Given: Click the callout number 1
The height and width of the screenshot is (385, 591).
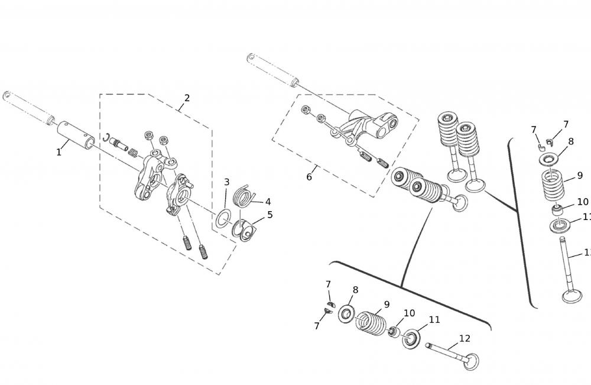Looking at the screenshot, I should point(59,153).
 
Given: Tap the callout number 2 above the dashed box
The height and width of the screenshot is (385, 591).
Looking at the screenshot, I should point(187,98).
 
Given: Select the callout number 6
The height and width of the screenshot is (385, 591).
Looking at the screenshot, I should point(309,177).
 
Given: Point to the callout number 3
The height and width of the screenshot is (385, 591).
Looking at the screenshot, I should point(226,182).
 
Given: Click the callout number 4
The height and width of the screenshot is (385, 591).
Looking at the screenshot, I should point(268,202).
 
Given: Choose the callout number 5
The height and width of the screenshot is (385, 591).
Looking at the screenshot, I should point(270,215).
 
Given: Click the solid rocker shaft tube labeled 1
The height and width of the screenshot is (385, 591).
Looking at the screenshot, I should point(76,133).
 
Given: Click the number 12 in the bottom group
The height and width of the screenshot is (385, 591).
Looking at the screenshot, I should point(465,339).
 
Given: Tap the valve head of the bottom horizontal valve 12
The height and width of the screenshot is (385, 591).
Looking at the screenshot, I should point(470,361).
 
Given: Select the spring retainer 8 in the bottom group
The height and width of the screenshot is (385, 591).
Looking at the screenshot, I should point(346,313).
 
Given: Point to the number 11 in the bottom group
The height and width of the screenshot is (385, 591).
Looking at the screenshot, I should point(434,320).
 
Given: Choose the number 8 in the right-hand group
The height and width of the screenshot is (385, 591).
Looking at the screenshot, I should point(571,142).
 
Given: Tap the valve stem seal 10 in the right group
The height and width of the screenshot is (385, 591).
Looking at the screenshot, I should point(557,210).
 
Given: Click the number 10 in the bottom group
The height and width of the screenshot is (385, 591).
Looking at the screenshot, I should point(409,313).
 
